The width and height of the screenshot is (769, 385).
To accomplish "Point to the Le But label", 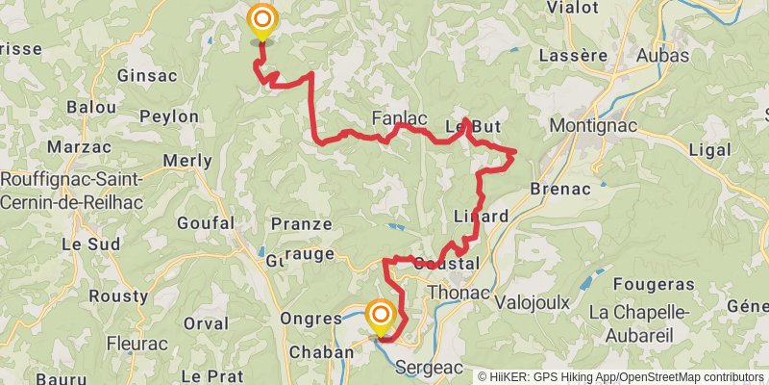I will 473,126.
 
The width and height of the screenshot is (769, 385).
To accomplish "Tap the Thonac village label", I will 458,292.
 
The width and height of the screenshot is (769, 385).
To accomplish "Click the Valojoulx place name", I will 532,302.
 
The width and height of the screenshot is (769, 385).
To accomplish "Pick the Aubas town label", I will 661,55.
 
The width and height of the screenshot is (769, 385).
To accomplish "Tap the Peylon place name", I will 169,116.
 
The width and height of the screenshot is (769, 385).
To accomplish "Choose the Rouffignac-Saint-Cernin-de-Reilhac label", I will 72,191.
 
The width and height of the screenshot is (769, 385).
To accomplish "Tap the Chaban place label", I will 321,352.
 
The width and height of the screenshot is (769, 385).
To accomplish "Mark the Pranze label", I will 301,224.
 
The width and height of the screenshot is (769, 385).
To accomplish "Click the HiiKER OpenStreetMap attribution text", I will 621,376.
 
